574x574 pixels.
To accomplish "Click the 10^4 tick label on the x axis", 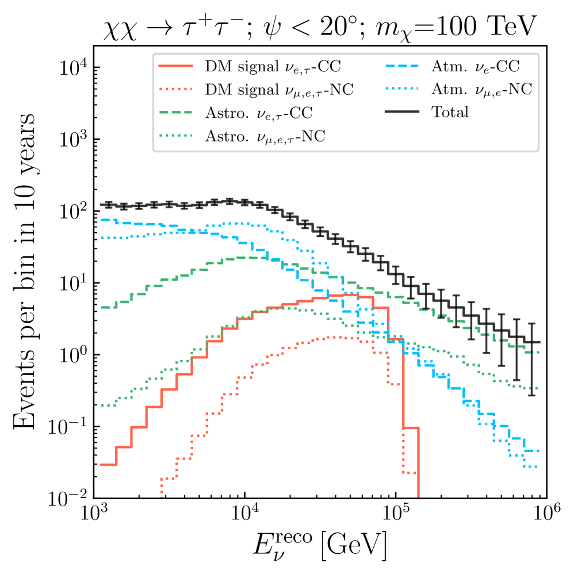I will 245,515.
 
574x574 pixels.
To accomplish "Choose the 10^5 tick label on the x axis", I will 396,515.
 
